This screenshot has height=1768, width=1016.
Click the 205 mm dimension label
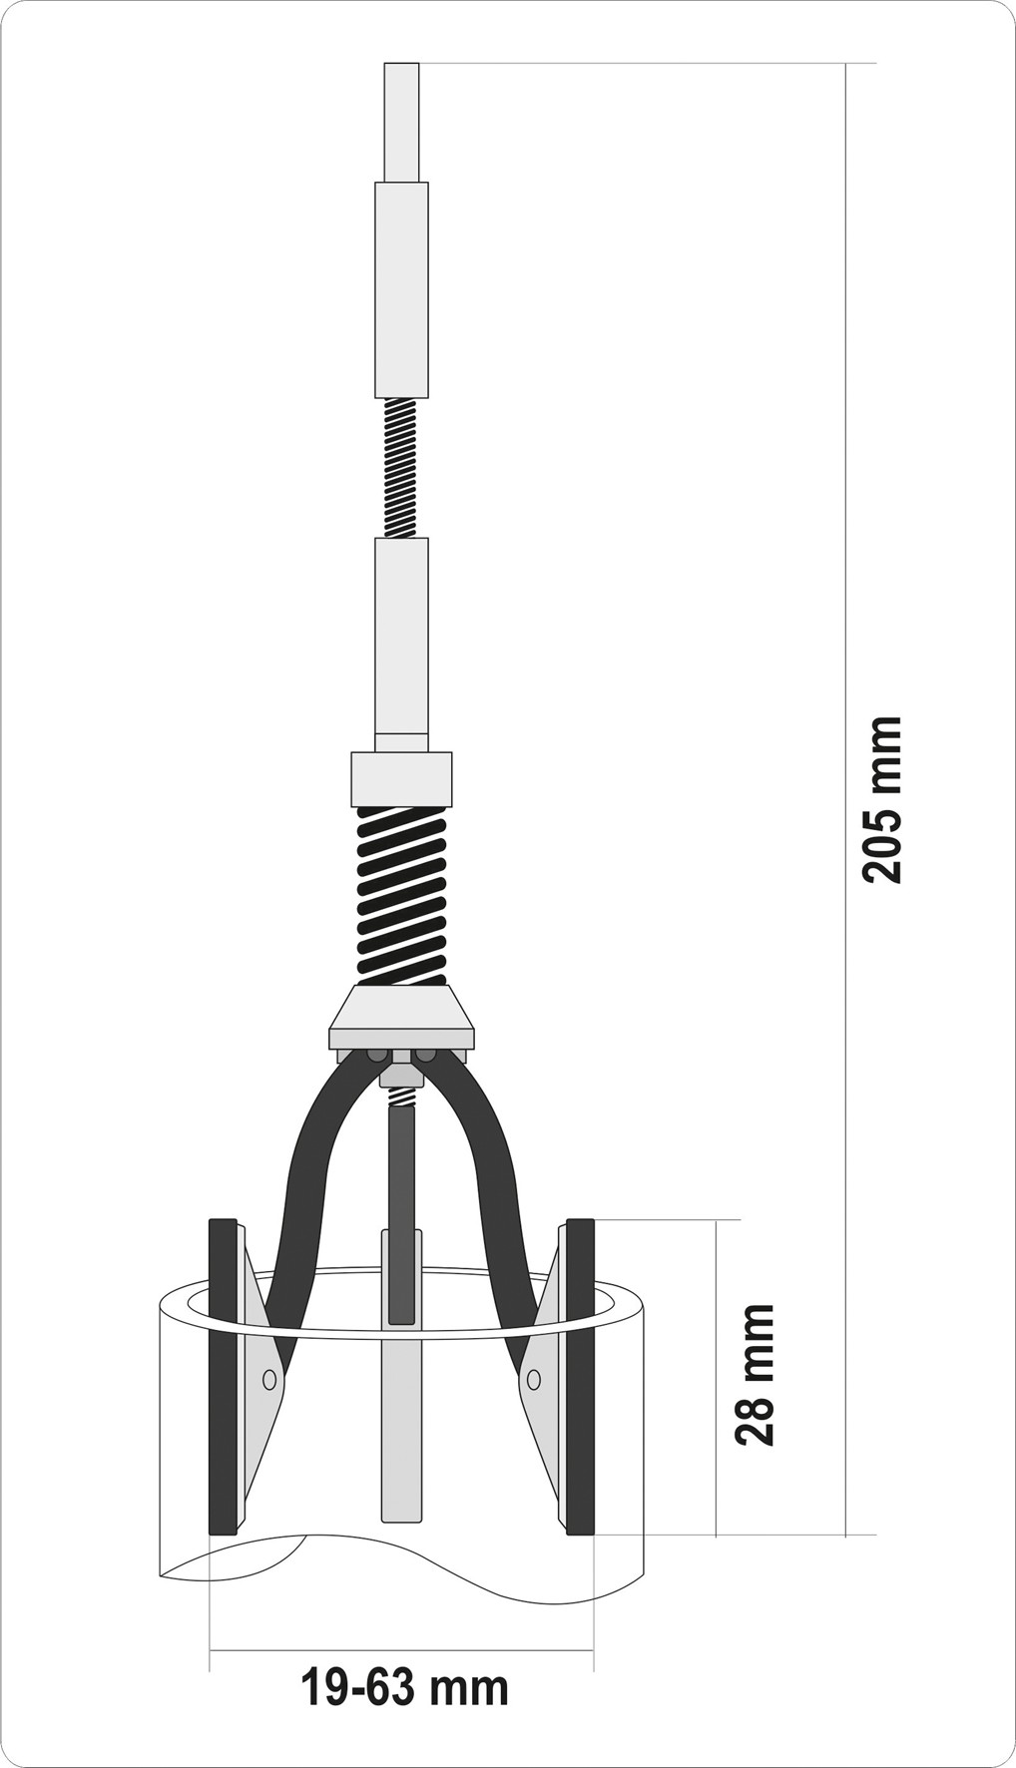[882, 798]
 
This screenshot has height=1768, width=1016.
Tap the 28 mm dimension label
[756, 1374]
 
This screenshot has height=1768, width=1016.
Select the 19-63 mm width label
[404, 1688]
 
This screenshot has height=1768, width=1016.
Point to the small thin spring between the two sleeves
[400, 468]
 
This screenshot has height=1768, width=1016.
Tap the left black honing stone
[223, 1376]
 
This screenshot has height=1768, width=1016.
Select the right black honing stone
[580, 1376]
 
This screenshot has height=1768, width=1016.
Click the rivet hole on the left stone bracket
[268, 1380]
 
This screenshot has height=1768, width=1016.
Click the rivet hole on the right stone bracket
[534, 1380]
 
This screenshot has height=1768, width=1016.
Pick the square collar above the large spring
[401, 779]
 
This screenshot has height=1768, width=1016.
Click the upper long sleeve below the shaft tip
[401, 289]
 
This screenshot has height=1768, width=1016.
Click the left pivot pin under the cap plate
[377, 1055]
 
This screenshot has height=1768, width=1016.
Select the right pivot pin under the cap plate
[426, 1055]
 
